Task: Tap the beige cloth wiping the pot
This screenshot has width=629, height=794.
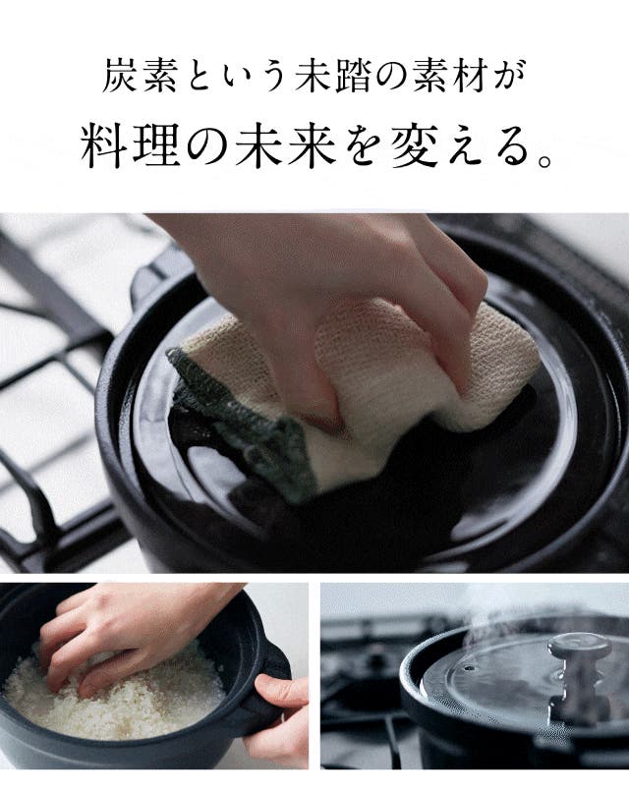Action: [x=385, y=374]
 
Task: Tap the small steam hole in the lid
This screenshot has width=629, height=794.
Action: [x=470, y=668]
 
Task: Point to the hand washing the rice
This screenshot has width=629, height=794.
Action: [x=132, y=638]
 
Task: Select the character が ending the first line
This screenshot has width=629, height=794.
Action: [x=509, y=77]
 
